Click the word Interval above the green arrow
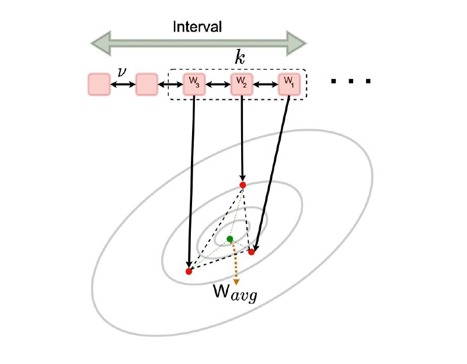tap(197, 26)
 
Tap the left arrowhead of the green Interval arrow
tap(101, 43)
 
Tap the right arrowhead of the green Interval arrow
tap(297, 43)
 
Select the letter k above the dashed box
tap(240, 58)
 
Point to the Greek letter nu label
tap(121, 72)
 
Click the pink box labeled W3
tap(194, 84)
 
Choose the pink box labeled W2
tap(242, 84)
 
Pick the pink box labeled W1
tap(289, 84)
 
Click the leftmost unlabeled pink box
tap(99, 85)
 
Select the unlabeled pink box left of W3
tap(147, 85)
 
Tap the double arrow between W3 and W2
tap(218, 85)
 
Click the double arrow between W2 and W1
tap(266, 85)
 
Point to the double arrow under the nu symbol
tap(123, 85)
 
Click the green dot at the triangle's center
tap(229, 239)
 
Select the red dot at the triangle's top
tap(243, 185)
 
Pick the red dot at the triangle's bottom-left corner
tap(189, 271)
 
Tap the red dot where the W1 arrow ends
tap(252, 252)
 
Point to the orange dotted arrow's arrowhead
tap(236, 281)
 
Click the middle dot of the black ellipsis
tap(351, 81)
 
